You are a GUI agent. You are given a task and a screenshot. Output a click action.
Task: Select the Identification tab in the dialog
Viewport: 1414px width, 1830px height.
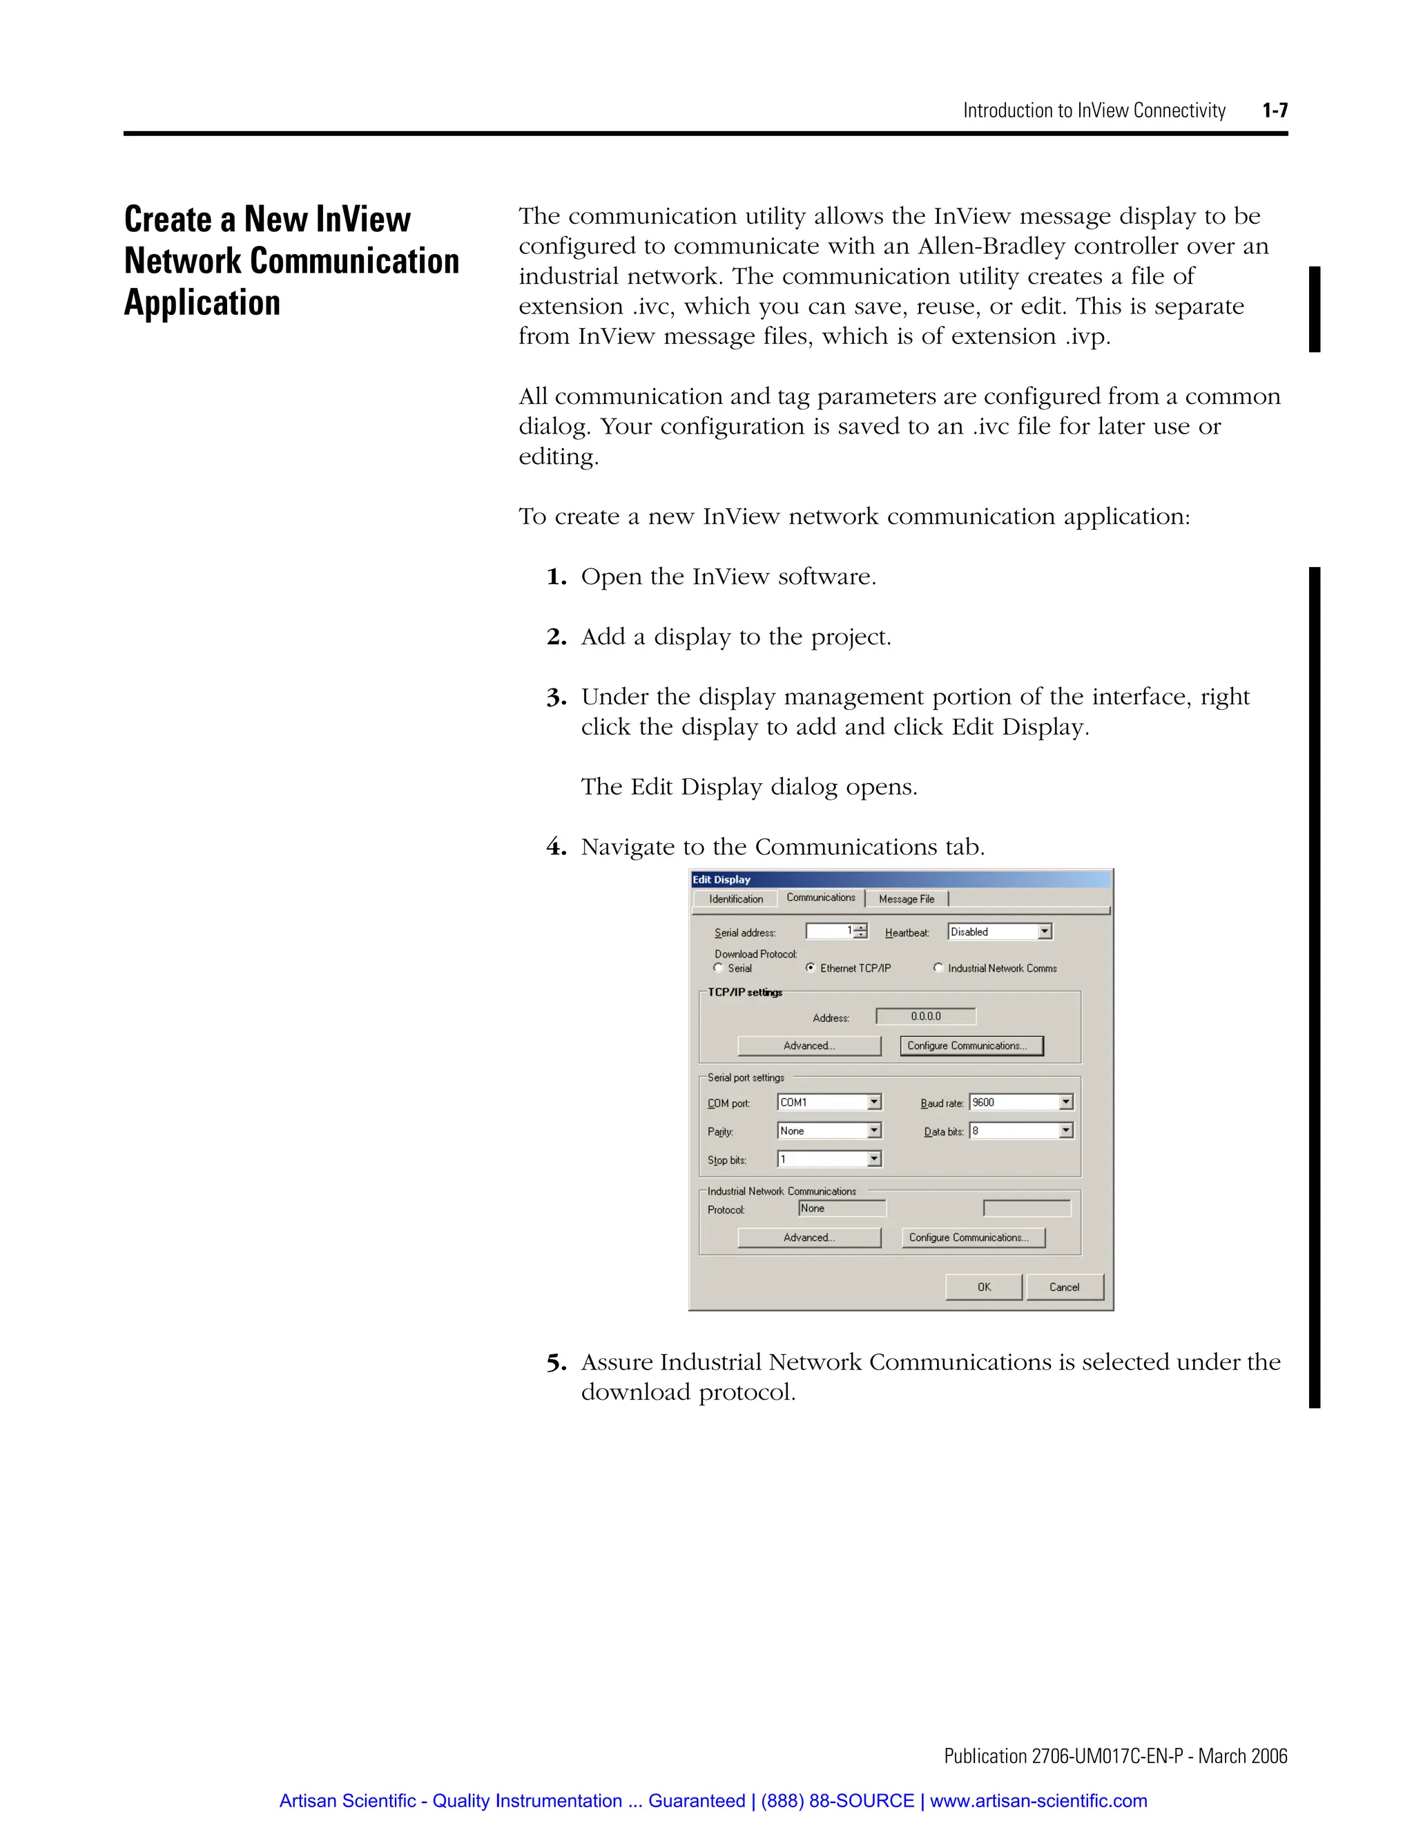735,899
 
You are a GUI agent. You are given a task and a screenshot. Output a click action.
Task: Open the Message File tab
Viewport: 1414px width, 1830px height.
907,899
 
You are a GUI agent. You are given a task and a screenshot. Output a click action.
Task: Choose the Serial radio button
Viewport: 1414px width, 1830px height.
719,967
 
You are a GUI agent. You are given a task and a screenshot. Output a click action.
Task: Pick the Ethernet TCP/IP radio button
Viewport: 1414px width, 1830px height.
811,967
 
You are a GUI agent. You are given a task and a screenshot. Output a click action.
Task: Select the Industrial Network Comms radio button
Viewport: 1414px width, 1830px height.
938,967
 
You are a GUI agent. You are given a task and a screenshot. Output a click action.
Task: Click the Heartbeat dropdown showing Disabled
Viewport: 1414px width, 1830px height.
999,932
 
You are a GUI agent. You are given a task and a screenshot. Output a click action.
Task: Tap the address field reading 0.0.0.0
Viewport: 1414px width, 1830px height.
926,1017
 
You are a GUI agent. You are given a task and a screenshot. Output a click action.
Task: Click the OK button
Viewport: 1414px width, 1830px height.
983,1287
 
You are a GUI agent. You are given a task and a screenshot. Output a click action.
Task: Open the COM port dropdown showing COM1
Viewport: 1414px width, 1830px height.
829,1103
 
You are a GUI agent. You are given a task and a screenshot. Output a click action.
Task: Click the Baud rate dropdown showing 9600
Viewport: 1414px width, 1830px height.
1020,1103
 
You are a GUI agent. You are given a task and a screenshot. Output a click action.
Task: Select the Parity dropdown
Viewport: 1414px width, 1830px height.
829,1131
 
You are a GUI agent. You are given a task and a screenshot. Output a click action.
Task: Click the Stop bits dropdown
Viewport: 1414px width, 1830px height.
829,1159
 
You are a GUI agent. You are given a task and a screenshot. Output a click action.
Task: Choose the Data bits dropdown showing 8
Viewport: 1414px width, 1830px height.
1020,1131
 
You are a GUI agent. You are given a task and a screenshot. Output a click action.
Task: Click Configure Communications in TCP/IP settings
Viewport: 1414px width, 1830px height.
971,1046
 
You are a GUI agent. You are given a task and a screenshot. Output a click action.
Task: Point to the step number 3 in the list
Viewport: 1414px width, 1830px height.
556,698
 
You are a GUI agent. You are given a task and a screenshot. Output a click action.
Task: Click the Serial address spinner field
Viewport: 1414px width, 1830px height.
835,932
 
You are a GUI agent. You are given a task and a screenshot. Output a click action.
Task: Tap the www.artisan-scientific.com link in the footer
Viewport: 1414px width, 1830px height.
1038,1801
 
